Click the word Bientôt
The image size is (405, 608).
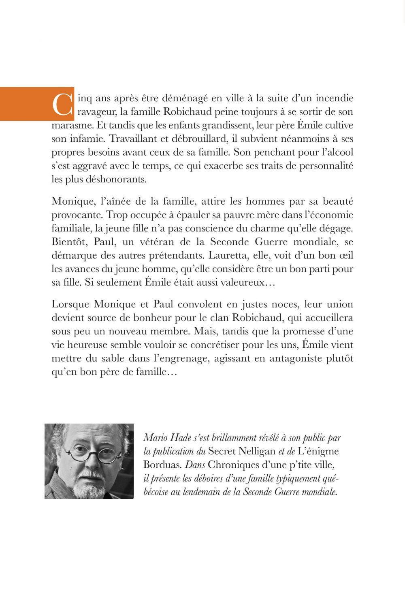coord(67,242)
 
